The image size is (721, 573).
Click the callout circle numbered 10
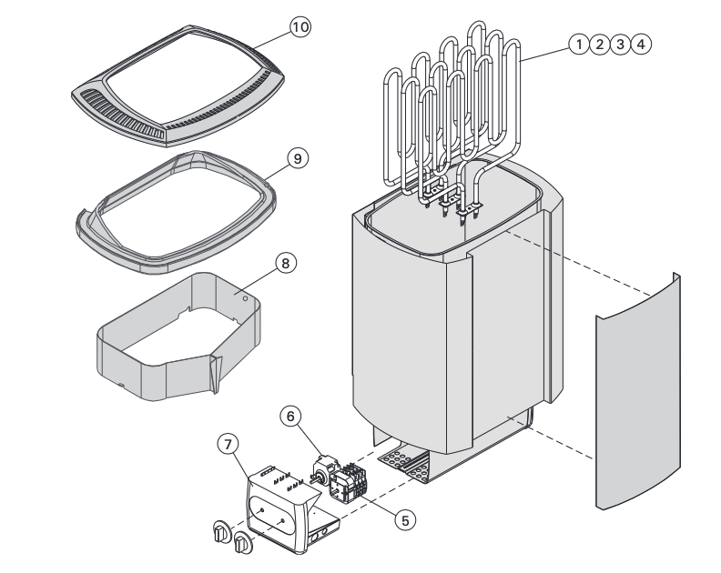300,27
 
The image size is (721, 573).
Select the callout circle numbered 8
285,263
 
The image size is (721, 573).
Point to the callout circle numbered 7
228,445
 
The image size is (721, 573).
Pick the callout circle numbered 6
290,416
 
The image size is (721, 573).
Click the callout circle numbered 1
578,44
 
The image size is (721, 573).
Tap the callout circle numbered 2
599,44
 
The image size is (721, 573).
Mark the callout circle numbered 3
621,44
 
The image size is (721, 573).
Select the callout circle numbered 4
642,44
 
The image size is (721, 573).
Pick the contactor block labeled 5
349,483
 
